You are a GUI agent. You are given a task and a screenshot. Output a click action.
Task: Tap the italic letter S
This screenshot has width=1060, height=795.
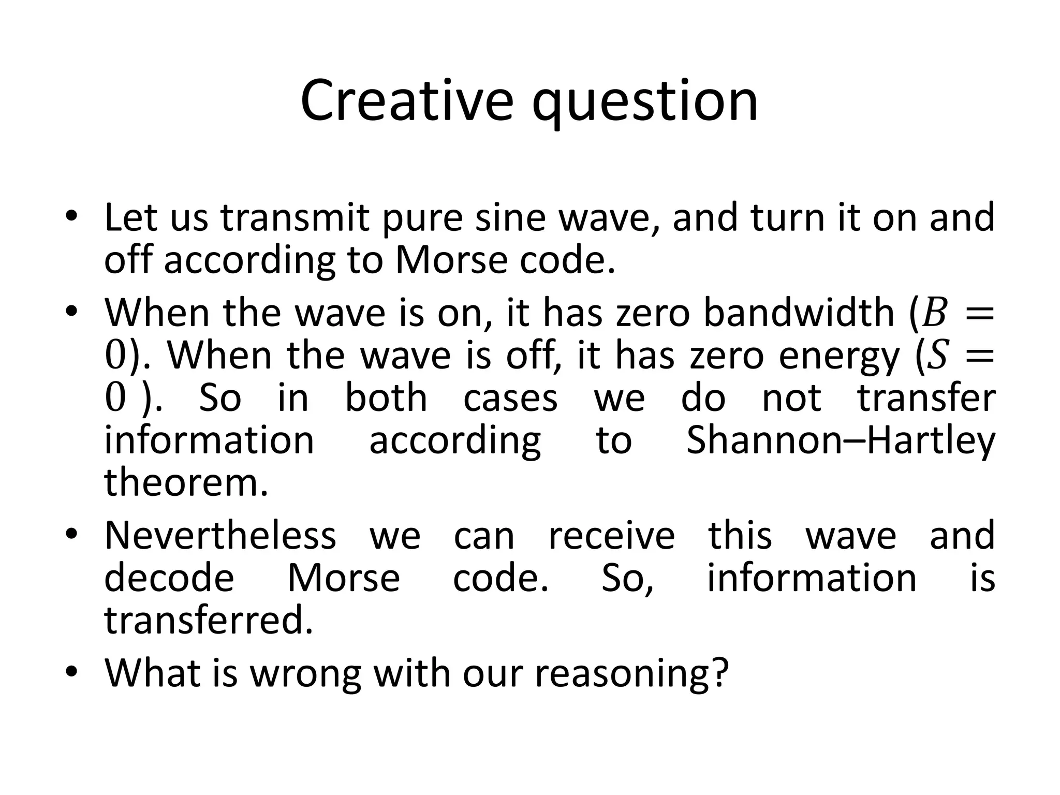937,356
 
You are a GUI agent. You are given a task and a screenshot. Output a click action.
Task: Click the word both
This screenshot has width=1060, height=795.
386,398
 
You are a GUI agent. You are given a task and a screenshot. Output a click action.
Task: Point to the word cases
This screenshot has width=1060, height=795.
510,399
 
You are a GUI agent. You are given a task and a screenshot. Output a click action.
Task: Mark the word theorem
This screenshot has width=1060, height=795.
186,482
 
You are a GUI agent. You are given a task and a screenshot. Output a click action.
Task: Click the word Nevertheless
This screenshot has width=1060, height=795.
220,535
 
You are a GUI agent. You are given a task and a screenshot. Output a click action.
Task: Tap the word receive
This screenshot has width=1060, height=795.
611,536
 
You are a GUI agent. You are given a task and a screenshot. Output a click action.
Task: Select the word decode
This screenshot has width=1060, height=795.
169,578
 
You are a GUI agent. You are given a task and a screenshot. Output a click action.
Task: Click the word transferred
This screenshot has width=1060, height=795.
209,620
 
